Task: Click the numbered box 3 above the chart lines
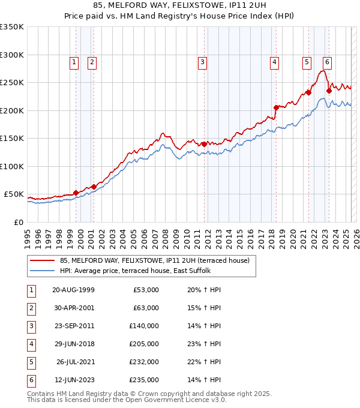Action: pos(203,61)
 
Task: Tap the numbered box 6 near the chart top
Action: pos(327,61)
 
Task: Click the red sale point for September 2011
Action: pos(204,144)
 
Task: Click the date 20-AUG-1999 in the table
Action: pos(73,290)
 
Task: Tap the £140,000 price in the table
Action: pos(144,326)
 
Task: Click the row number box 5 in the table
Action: pos(31,362)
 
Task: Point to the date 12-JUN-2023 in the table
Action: pos(73,380)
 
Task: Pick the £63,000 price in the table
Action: pos(146,308)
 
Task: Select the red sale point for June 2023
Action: pos(329,91)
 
